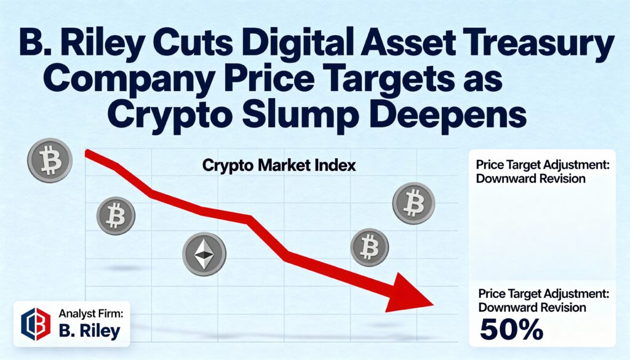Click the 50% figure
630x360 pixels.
pos(512,330)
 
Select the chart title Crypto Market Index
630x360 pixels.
pos(279,166)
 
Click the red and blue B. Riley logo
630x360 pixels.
pos(36,323)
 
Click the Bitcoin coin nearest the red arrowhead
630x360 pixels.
pos(370,248)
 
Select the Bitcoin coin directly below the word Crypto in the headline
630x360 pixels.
pos(116,216)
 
